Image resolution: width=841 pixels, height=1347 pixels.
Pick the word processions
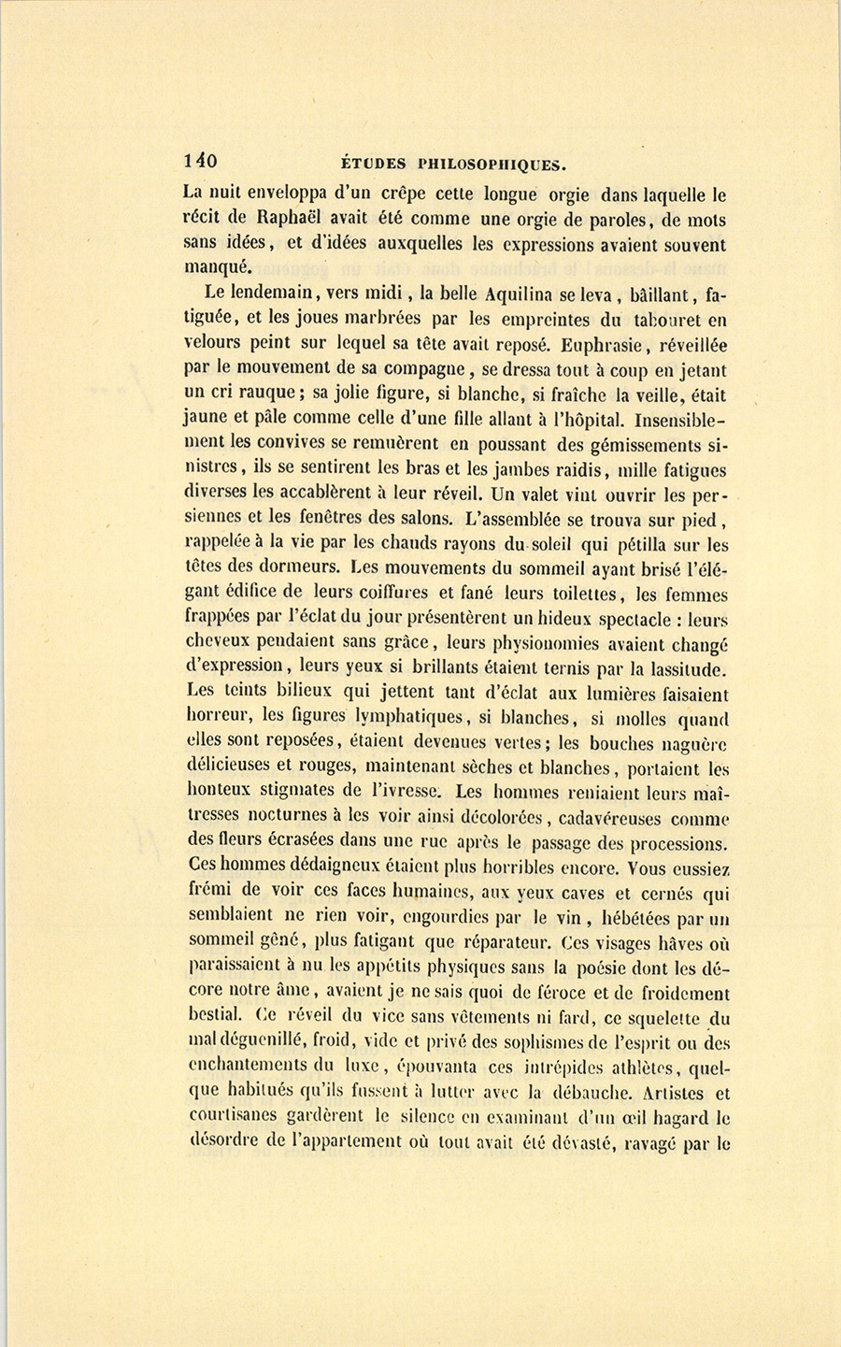click(671, 843)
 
